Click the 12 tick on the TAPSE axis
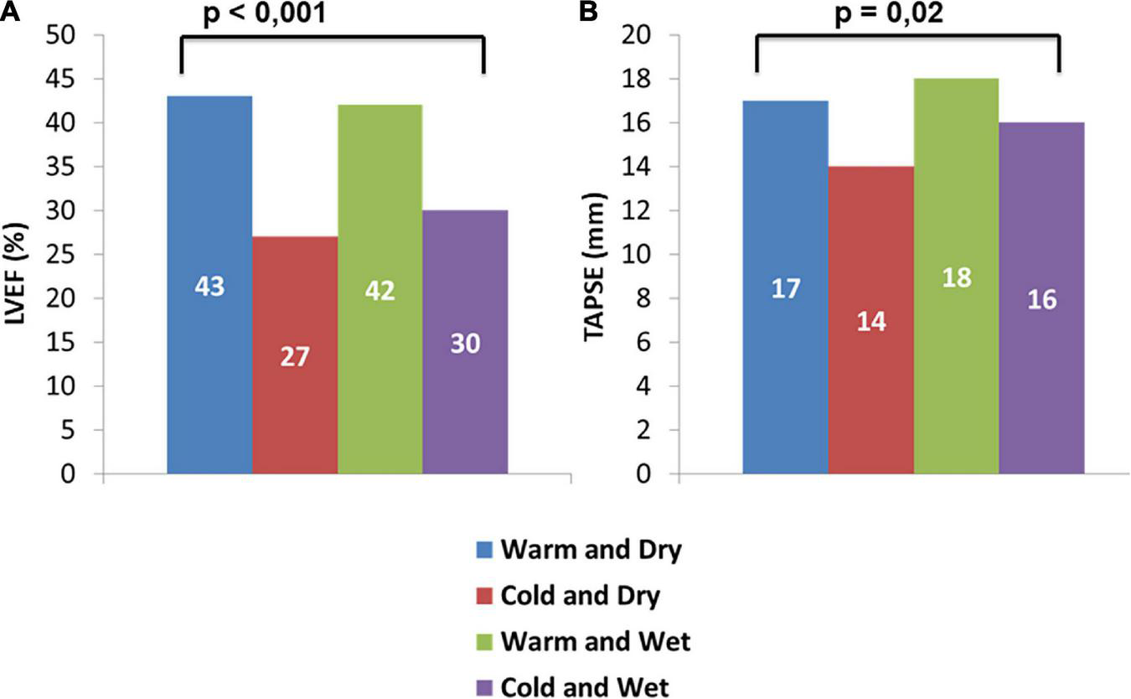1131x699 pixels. [x=650, y=211]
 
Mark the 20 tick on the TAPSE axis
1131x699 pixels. [x=650, y=36]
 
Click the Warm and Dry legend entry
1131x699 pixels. [x=578, y=551]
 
